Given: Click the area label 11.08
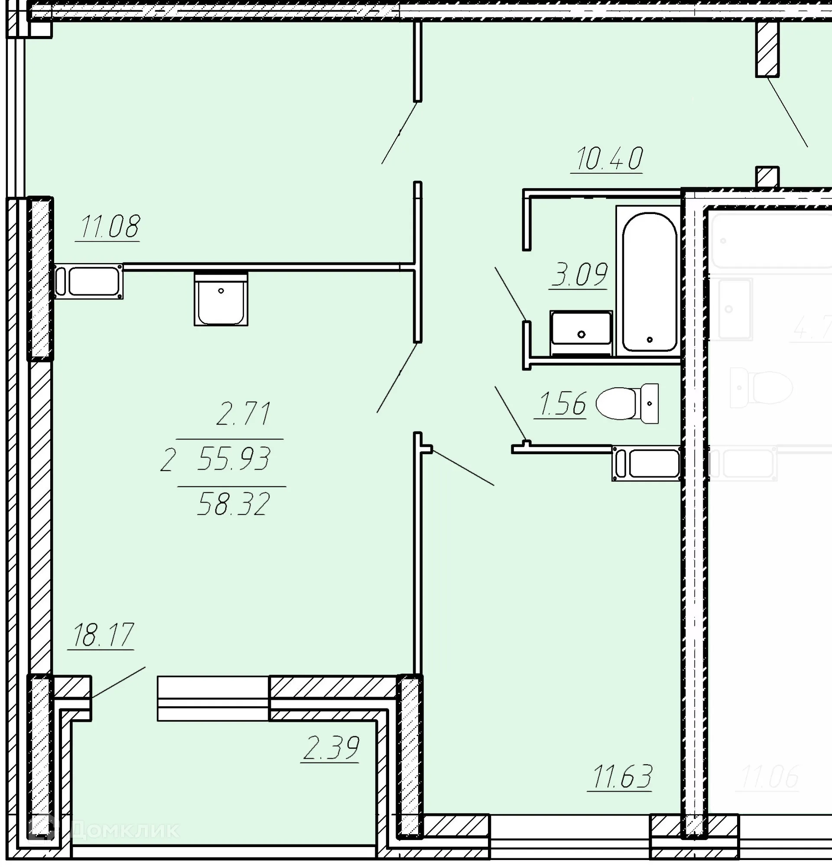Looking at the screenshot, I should pyautogui.click(x=110, y=227).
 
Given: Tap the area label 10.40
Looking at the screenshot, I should pyautogui.click(x=609, y=159).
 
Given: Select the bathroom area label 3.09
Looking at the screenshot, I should pyautogui.click(x=579, y=275).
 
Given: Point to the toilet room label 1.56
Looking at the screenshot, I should pyautogui.click(x=562, y=403).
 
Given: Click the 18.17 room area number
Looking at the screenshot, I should pyautogui.click(x=103, y=635).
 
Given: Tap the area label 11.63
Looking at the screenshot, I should pyautogui.click(x=622, y=777).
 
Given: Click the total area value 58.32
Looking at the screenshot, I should pyautogui.click(x=233, y=504).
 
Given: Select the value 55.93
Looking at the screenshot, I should pyautogui.click(x=234, y=458).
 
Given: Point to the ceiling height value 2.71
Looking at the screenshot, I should pyautogui.click(x=243, y=414).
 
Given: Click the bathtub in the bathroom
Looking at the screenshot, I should pyautogui.click(x=649, y=282).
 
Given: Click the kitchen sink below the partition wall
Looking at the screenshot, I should pyautogui.click(x=221, y=299).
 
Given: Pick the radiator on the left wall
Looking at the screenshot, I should pyautogui.click(x=89, y=282).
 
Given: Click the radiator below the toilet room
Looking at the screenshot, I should pyautogui.click(x=647, y=463).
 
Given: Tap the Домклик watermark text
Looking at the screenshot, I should pyautogui.click(x=124, y=830).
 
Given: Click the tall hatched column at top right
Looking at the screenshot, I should pyautogui.click(x=767, y=49).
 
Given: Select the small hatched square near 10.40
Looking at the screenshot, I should pyautogui.click(x=767, y=176).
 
